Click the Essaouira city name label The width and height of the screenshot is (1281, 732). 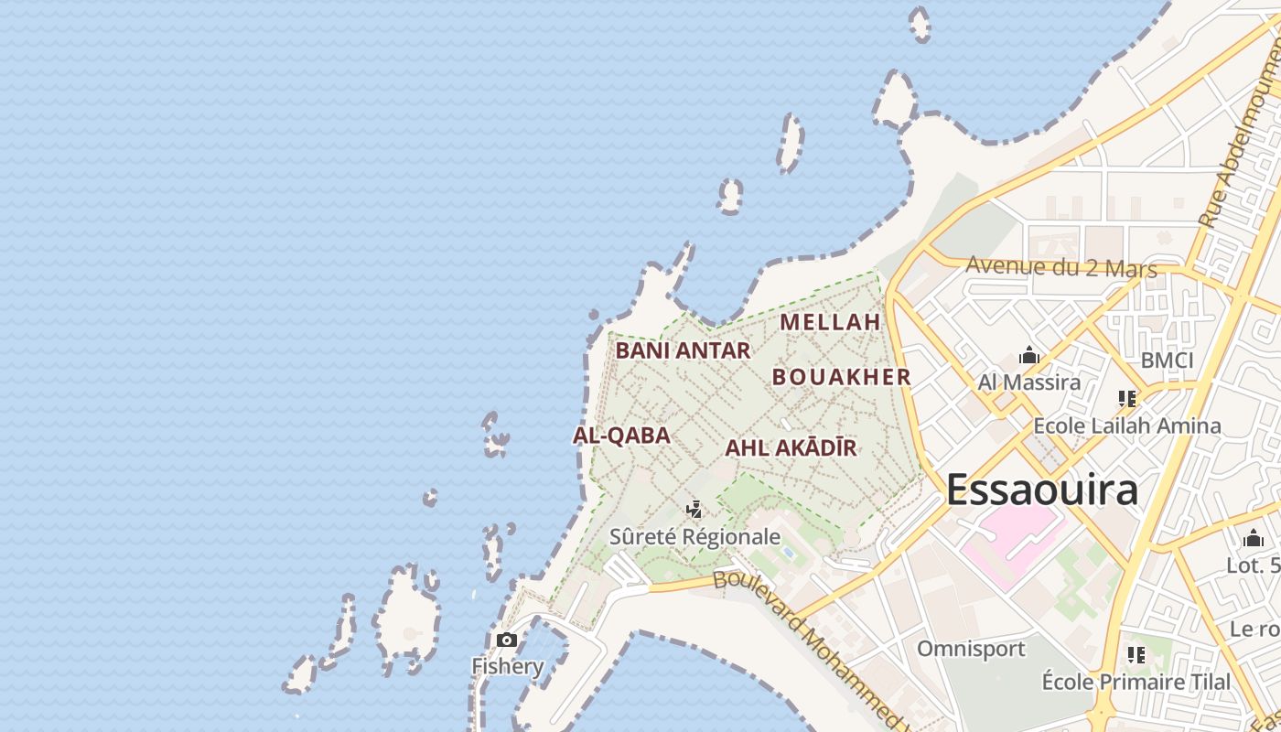[1041, 490]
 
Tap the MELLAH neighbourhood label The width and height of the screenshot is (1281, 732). [830, 322]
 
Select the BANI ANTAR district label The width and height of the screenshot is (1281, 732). [683, 350]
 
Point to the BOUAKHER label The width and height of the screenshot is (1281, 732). [842, 377]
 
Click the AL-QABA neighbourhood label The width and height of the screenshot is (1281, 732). [622, 436]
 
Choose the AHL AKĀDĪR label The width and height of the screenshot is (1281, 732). [791, 448]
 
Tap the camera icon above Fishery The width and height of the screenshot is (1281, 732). [506, 640]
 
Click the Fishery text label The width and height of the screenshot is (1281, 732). [507, 666]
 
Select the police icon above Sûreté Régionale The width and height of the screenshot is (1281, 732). [694, 510]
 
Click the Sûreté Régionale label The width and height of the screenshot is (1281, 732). [695, 537]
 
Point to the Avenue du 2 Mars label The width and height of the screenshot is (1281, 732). [1061, 268]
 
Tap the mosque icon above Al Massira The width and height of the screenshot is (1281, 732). [1029, 355]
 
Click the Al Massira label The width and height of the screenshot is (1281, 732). [1029, 382]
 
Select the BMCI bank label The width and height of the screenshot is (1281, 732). [1167, 361]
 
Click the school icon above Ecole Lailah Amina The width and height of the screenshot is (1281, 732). [1126, 399]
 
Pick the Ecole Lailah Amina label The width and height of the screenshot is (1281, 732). [1126, 425]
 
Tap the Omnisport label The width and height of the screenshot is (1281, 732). [971, 649]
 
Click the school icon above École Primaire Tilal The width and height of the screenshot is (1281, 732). [1136, 654]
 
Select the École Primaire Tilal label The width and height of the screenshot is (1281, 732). [1136, 682]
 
